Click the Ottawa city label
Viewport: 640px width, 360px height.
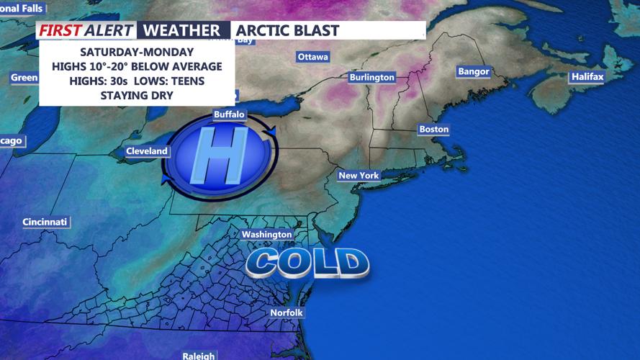point(312,57)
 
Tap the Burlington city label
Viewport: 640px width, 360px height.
point(371,77)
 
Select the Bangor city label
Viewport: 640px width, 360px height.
point(473,71)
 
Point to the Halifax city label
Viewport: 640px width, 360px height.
point(587,76)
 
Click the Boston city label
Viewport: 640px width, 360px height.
point(433,130)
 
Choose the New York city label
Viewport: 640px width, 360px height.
point(359,176)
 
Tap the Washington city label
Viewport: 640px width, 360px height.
point(266,235)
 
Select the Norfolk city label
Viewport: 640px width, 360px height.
point(286,312)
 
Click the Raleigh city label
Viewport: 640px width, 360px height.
point(198,356)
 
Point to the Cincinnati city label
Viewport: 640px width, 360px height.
point(45,222)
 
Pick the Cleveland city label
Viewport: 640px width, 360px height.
point(146,151)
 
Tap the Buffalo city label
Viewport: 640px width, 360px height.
point(229,114)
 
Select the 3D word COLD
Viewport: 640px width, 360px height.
point(307,263)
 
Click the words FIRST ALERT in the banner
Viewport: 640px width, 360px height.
point(86,30)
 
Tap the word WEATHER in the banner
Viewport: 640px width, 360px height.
point(181,30)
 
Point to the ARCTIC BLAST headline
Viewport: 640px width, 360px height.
point(287,30)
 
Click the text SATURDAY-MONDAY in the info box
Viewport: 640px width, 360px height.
point(137,52)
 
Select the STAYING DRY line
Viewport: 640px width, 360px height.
point(137,95)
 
